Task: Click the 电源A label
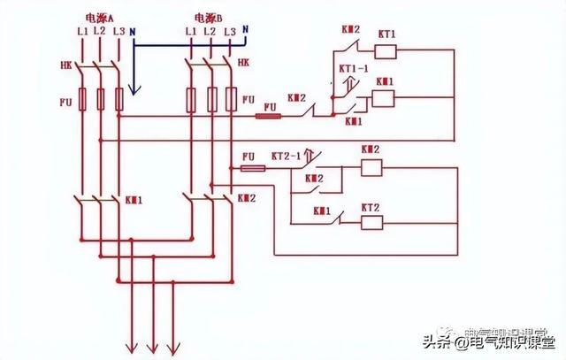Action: [98, 17]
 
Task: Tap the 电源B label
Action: [209, 17]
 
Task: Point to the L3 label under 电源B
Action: [229, 32]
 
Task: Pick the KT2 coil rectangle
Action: [371, 220]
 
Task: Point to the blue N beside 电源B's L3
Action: [245, 31]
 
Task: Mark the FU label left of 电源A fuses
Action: [65, 102]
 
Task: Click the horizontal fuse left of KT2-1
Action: [252, 167]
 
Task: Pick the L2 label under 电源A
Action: [98, 32]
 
